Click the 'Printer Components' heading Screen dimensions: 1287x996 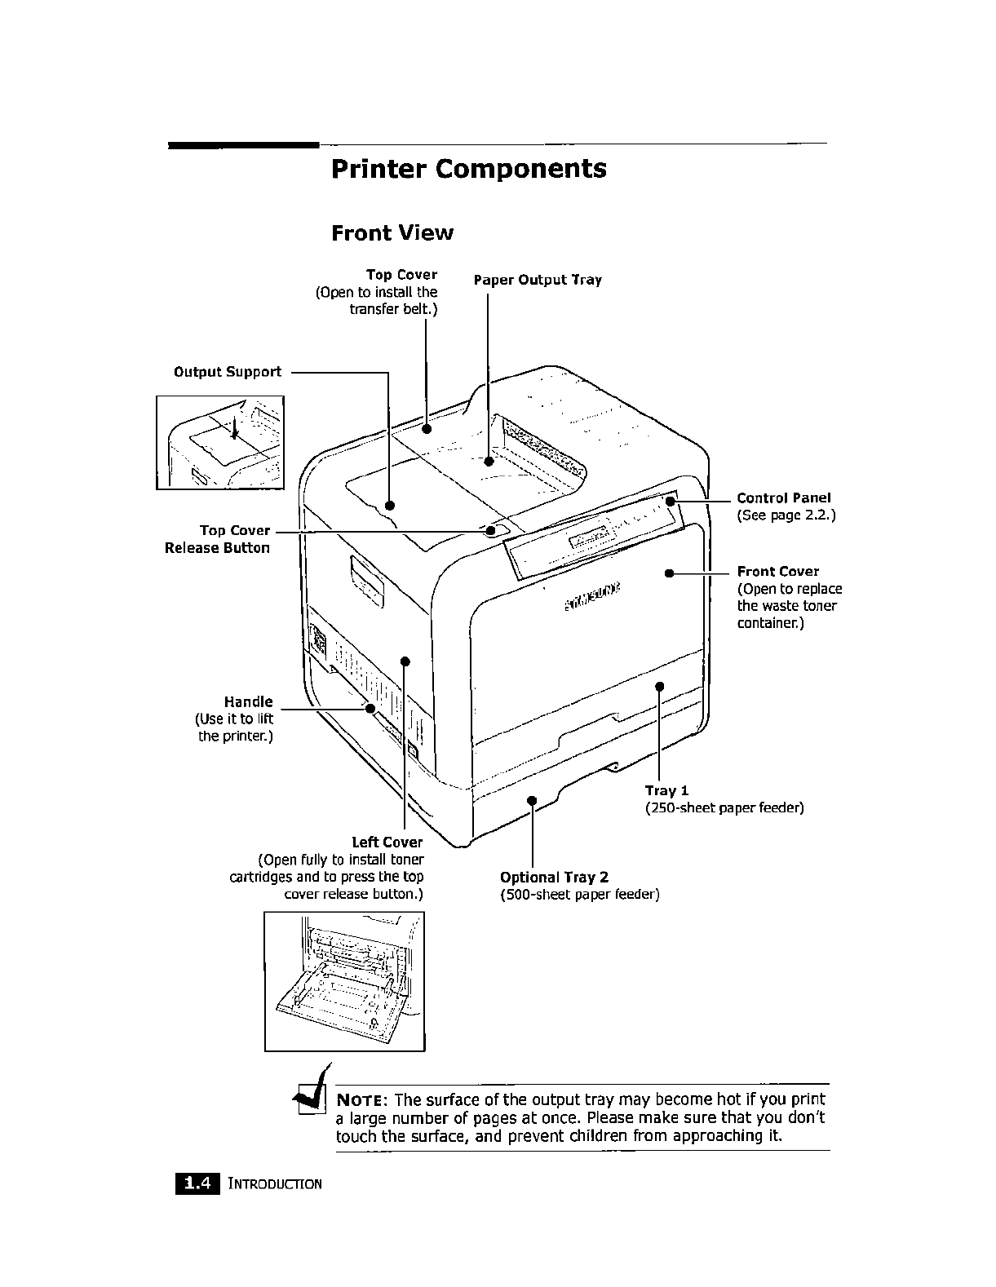coord(468,169)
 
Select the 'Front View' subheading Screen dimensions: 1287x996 coord(392,233)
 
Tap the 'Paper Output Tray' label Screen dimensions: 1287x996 coord(538,280)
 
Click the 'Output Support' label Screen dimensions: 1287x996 coord(227,372)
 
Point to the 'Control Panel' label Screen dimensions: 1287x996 coord(783,498)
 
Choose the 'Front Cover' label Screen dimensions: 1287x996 coord(777,571)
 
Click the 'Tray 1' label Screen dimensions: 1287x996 coord(666,790)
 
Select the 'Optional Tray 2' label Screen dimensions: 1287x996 coord(554,877)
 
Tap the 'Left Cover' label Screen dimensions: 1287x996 coord(387,842)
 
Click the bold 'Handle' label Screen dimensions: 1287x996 coord(248,701)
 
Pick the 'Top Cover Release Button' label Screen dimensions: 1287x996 coord(218,539)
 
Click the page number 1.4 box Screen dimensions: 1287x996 coord(197,1183)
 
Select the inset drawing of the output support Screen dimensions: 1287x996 coord(220,442)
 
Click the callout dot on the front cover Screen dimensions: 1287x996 coord(668,573)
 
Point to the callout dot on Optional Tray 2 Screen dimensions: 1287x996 coord(531,800)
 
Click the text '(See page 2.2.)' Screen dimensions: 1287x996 coord(786,515)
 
